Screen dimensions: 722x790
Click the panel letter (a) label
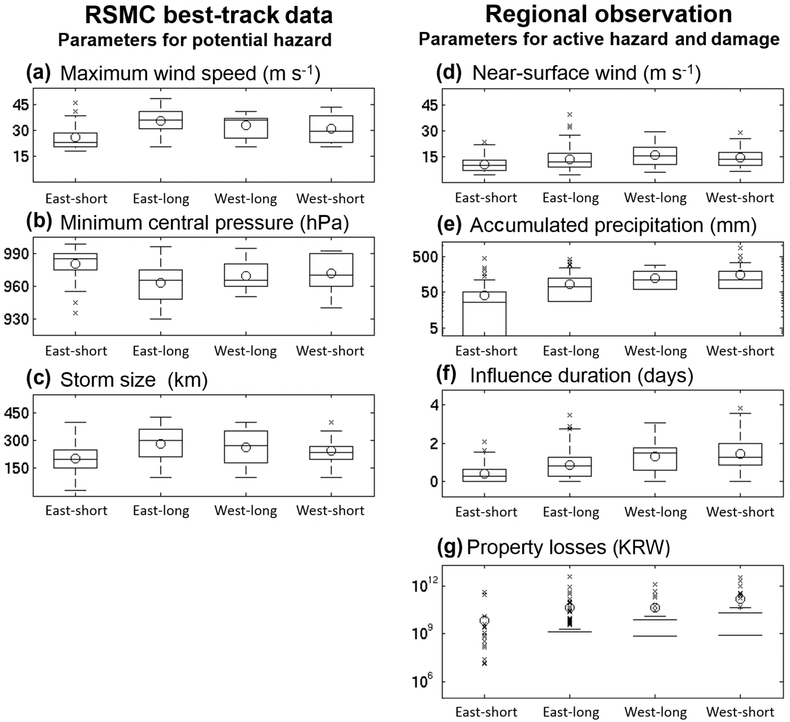pyautogui.click(x=38, y=73)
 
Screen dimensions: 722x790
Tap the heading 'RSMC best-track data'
pyautogui.click(x=209, y=16)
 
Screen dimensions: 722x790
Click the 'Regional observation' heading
pyautogui.click(x=608, y=14)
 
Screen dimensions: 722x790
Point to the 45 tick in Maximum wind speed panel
pyautogui.click(x=21, y=105)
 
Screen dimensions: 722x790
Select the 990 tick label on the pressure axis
pyautogui.click(x=16, y=254)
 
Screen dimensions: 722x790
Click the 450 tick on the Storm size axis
pyautogui.click(x=16, y=413)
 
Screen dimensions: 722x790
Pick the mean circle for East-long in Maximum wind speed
pyautogui.click(x=161, y=121)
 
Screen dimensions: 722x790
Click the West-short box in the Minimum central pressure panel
pyautogui.click(x=331, y=270)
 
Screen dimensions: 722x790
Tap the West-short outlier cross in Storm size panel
pyautogui.click(x=331, y=422)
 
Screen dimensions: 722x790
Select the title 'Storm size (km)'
pyautogui.click(x=134, y=380)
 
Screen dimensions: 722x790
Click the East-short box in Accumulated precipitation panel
pyautogui.click(x=484, y=313)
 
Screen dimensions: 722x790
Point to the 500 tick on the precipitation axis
pyautogui.click(x=425, y=257)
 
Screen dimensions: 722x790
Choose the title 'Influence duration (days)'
pyautogui.click(x=581, y=375)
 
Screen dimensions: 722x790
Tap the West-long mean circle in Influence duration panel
pyautogui.click(x=655, y=456)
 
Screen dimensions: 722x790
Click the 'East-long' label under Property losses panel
pyautogui.click(x=571, y=712)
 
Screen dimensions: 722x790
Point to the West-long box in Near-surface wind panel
pyautogui.click(x=655, y=156)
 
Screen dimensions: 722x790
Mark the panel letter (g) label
pyautogui.click(x=449, y=547)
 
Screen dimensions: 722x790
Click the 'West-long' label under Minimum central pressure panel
pyautogui.click(x=245, y=351)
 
